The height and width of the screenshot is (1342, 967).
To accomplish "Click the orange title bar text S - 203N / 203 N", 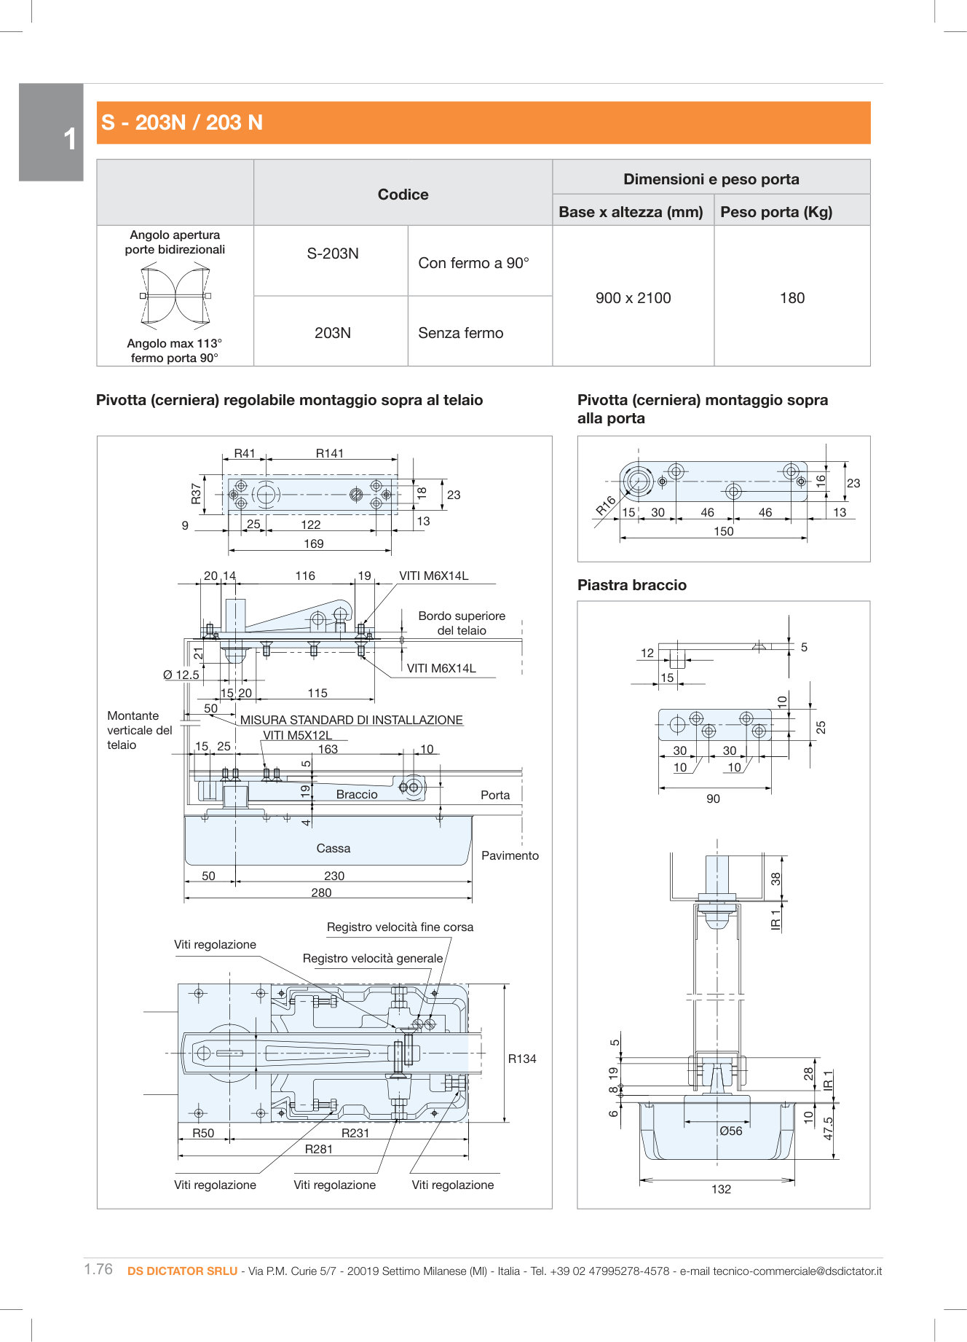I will pos(182,122).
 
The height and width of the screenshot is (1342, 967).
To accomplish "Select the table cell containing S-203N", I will pos(332,254).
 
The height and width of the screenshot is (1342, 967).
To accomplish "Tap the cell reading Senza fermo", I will pos(460,333).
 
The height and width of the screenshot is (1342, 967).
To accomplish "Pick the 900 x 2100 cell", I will pos(633,298).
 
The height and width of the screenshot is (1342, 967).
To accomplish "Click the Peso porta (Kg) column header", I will pos(775,212).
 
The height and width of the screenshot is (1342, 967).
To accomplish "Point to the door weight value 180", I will pos(792,298).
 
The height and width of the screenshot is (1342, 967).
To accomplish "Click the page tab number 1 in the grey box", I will pos(69,138).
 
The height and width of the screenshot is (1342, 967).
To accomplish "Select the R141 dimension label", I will pos(329,453).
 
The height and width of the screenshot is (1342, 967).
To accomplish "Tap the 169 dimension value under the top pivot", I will pos(313,544).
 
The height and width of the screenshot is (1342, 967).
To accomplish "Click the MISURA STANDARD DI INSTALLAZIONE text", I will pos(351,720).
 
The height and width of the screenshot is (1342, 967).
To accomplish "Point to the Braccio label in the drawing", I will pos(357,794).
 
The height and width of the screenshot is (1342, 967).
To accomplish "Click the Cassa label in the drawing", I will pos(333,848).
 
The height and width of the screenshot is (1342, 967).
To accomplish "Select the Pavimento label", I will pos(510,855).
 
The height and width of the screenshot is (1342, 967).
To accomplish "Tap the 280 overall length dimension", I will pos(321,892).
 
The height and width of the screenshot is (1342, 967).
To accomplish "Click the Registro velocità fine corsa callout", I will pos(400,927).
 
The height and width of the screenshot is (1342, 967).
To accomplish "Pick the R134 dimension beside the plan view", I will pos(521,1059).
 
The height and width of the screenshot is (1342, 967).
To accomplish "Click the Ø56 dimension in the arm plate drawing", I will pos(730,1131).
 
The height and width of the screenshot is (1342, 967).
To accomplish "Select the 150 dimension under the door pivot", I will pos(723,531).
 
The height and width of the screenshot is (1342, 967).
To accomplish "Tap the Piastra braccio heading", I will pos(631,585).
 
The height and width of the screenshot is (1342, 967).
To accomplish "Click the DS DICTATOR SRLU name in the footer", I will pos(182,1271).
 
